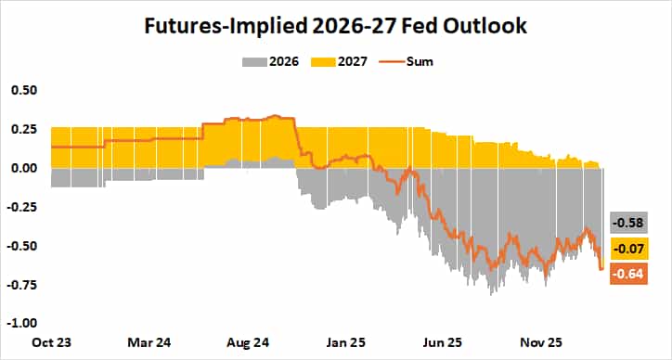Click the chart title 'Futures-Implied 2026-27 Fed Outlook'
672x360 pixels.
click(x=335, y=26)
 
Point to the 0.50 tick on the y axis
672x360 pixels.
click(x=24, y=90)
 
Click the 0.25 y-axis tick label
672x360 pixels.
click(x=24, y=129)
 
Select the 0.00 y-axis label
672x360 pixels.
click(x=24, y=168)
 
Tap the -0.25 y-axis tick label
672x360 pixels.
click(x=22, y=207)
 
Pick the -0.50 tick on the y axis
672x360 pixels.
click(x=22, y=246)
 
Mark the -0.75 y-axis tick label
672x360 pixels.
click(x=22, y=285)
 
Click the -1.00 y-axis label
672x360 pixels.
click(x=22, y=324)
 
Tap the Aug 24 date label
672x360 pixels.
click(x=241, y=341)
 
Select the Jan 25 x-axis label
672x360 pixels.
click(x=344, y=341)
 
